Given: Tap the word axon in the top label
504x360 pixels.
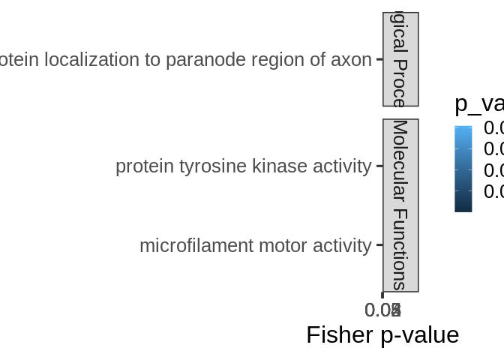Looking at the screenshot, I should pos(355,60).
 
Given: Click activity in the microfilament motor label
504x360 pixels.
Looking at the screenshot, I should pos(335,246).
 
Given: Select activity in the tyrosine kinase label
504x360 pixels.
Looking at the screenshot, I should pos(335,166).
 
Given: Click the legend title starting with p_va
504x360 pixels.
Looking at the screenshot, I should pos(478,104).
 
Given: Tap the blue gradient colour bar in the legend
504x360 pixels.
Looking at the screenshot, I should pos(463,169).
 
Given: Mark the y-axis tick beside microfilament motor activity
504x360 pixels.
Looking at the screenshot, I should pos(379,245).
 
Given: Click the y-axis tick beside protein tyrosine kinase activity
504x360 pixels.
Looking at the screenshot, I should pos(379,166).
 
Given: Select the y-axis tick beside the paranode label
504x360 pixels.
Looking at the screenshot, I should pos(379,59).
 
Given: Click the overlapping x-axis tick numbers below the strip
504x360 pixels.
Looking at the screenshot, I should pos(382,310).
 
